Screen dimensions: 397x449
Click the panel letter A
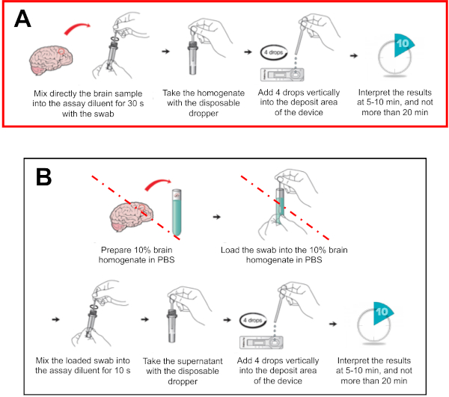coord(25,20)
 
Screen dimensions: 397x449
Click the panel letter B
coord(45,178)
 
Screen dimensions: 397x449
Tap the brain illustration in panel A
coord(52,59)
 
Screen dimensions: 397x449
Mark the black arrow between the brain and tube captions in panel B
coord(216,216)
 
